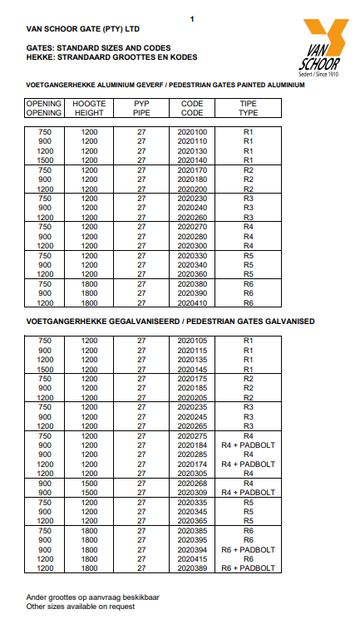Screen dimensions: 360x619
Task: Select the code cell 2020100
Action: (x=192, y=131)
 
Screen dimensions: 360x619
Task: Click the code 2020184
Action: (x=192, y=445)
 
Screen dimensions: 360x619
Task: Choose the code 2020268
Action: (x=192, y=483)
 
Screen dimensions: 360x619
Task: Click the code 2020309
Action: (x=192, y=492)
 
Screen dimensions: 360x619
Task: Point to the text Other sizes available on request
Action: (x=81, y=606)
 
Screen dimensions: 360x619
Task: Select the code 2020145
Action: (x=192, y=369)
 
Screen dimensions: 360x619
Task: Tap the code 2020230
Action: (x=192, y=199)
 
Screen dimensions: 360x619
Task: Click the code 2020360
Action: (x=192, y=274)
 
